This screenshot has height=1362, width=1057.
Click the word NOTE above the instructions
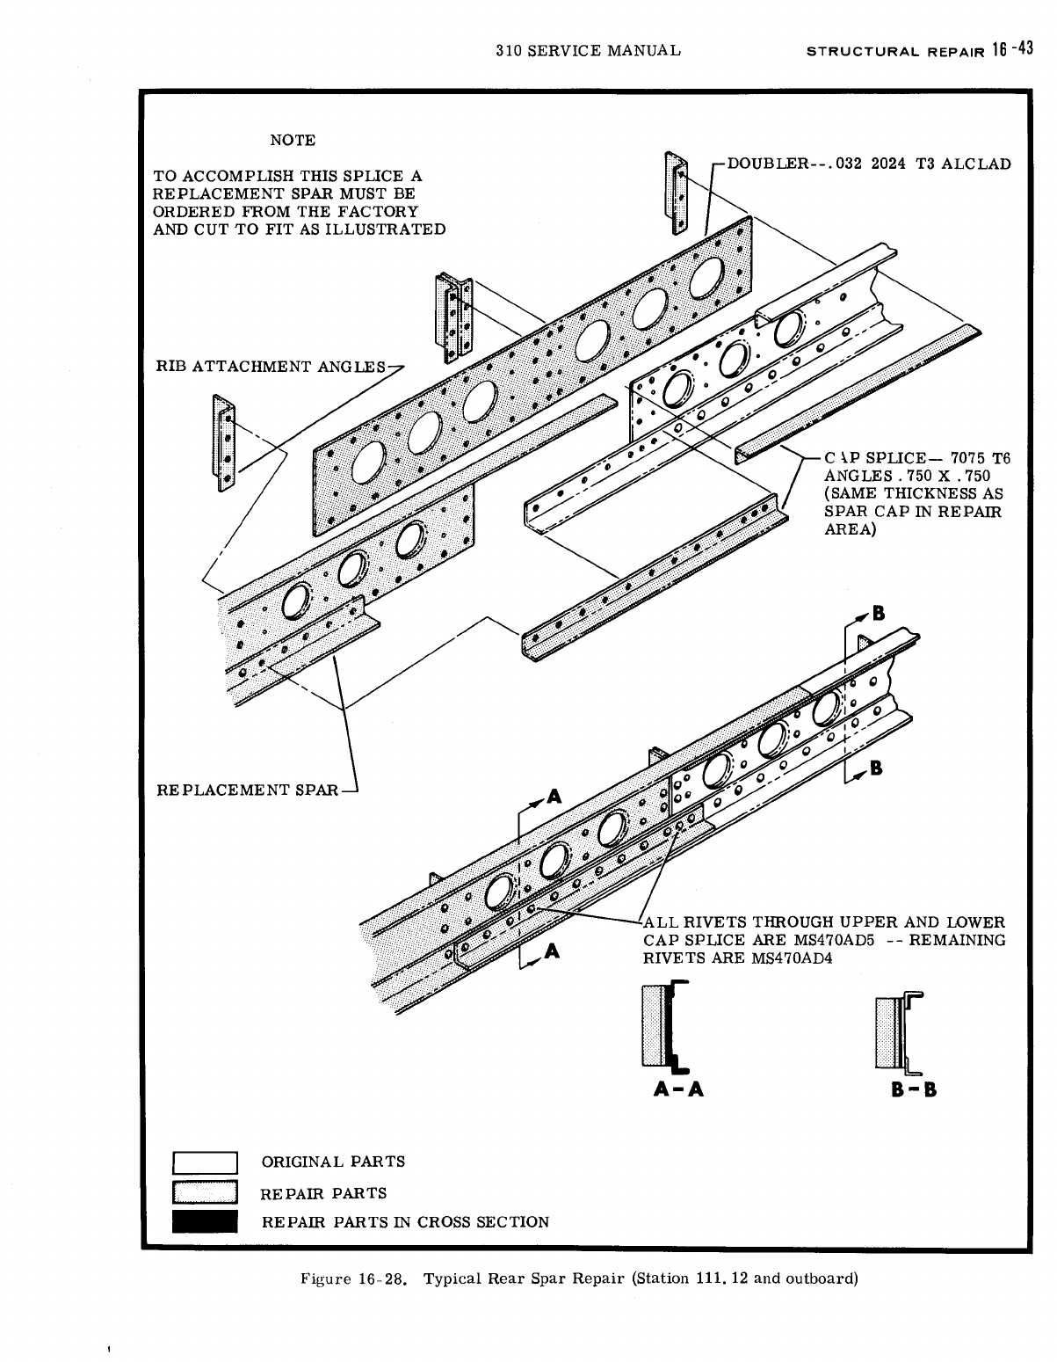point(293,140)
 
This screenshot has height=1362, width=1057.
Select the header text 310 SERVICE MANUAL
point(588,50)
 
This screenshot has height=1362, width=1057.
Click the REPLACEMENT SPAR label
point(247,790)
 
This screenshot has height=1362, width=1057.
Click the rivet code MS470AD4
point(792,958)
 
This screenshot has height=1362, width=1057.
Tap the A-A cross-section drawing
point(666,1027)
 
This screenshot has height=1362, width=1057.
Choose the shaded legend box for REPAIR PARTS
point(206,1193)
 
